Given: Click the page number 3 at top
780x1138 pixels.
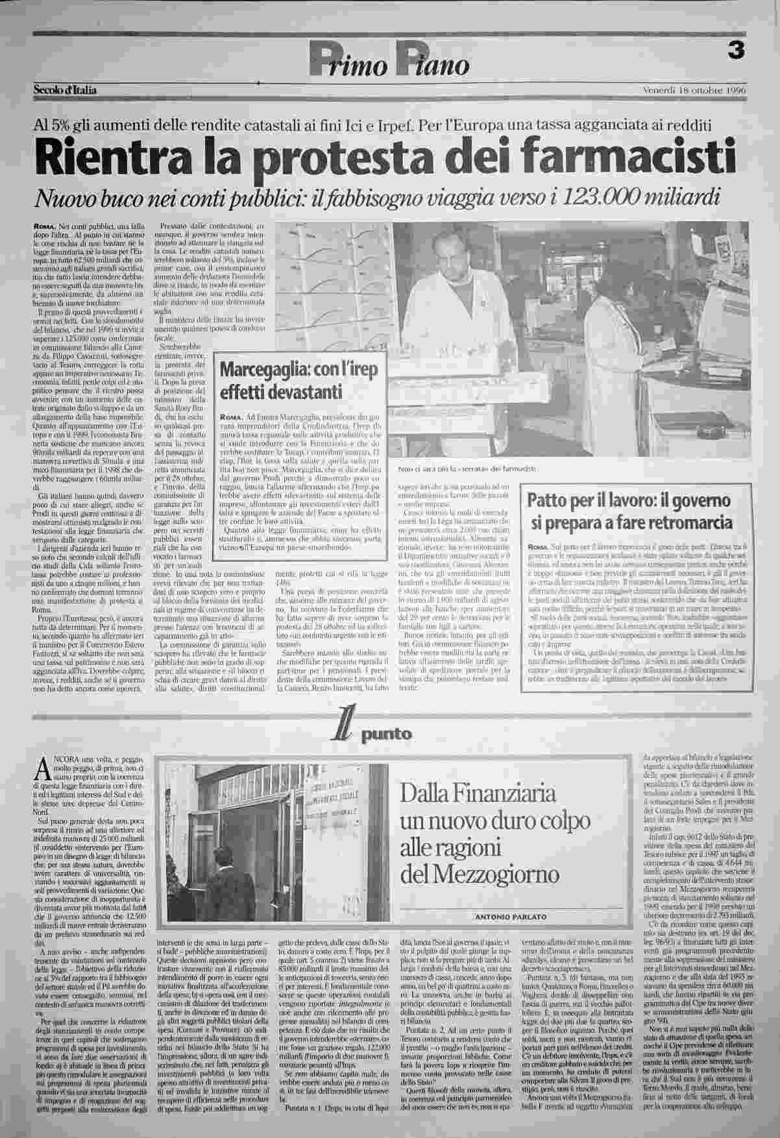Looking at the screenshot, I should click(x=735, y=52).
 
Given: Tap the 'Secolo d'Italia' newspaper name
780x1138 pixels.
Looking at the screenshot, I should click(x=65, y=90).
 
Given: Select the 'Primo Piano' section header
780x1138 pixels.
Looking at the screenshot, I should click(x=389, y=63).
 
